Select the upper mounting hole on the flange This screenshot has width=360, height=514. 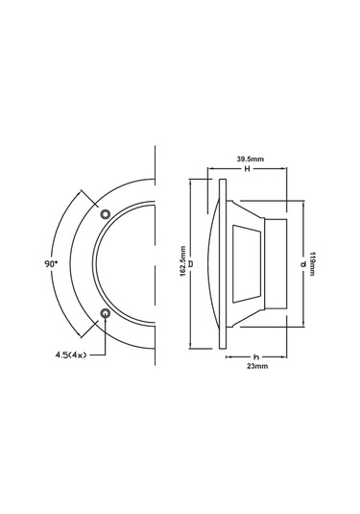(106, 211)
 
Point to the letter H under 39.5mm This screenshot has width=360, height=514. (247, 168)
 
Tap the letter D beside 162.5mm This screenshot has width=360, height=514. (191, 261)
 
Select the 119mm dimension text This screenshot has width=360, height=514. (314, 261)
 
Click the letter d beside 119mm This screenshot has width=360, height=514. (302, 261)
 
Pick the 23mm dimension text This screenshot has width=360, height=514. (254, 365)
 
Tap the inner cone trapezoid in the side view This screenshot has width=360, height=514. (247, 261)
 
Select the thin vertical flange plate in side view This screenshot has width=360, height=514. (223, 261)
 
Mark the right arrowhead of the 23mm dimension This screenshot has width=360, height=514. (284, 354)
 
